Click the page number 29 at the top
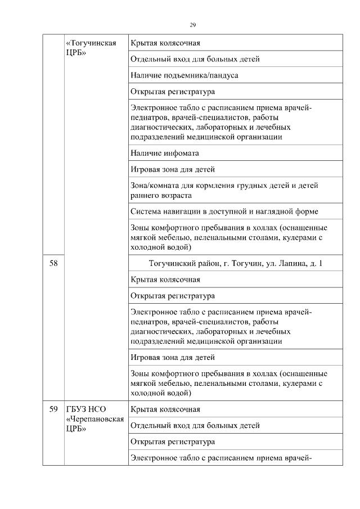192,25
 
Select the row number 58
53,263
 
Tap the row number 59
53,409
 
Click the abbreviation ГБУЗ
78,409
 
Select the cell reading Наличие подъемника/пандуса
180,75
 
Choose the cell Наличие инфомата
165,152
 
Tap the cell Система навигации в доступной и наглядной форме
224,211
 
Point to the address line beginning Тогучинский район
236,263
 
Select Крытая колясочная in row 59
165,409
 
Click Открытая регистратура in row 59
173,442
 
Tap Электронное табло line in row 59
220,458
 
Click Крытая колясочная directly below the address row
165,279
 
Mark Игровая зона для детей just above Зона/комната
173,169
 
